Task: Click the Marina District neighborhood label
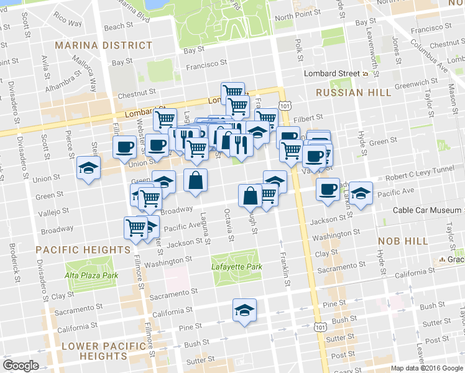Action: pyautogui.click(x=103, y=45)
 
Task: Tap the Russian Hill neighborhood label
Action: pyautogui.click(x=353, y=93)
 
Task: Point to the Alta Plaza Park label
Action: pyautogui.click(x=91, y=275)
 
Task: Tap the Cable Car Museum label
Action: pyautogui.click(x=428, y=210)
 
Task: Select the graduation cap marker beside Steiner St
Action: pyautogui.click(x=88, y=168)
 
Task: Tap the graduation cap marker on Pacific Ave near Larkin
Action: pyautogui.click(x=361, y=192)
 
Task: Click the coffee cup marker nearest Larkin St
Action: pyautogui.click(x=328, y=189)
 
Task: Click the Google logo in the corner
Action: pyautogui.click(x=21, y=366)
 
